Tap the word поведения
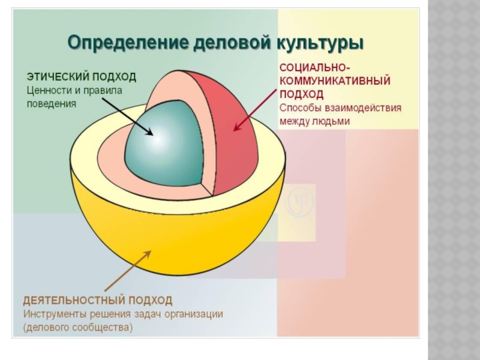[51, 103]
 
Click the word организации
[195, 314]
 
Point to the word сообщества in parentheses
[100, 327]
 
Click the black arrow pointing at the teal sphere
[123, 114]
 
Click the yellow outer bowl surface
[180, 240]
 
